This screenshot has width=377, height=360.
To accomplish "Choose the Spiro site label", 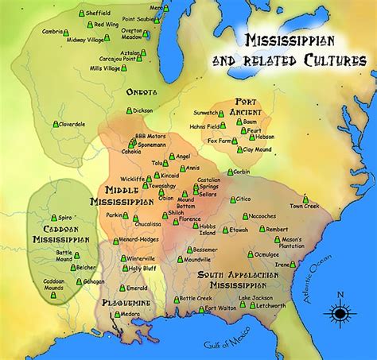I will (x=65, y=216).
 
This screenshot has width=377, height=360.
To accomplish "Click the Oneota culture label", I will (x=141, y=91).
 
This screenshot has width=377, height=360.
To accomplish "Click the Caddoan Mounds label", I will (x=64, y=283).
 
